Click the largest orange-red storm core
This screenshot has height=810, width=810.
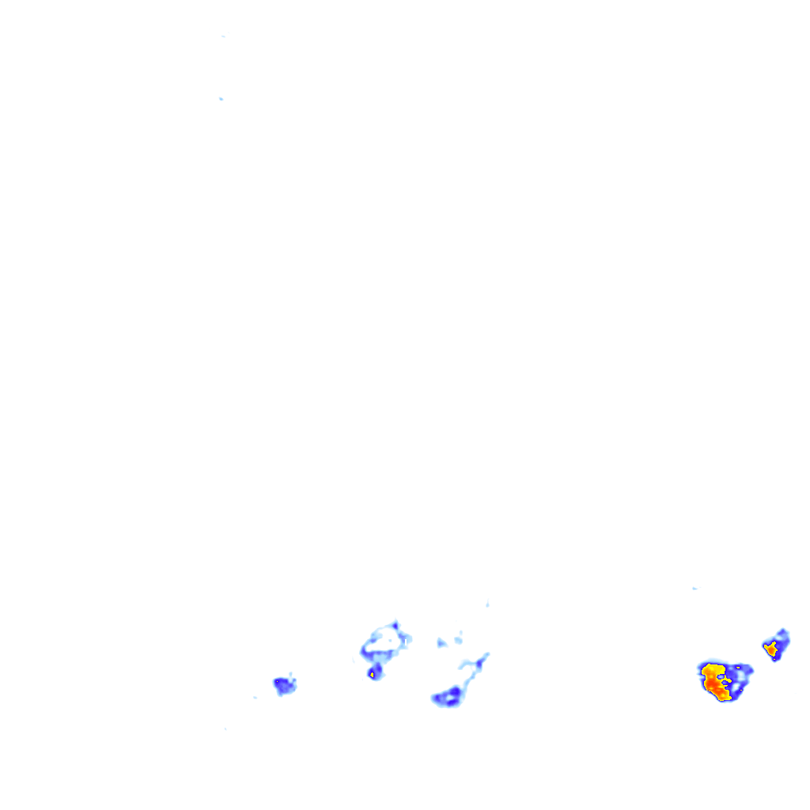[x=717, y=685]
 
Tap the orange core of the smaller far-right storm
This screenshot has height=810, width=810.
[x=770, y=649]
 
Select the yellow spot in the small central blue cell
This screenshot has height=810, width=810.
[x=371, y=675]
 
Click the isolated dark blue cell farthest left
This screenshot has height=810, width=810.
[x=282, y=684]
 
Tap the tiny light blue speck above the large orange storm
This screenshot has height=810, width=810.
[x=695, y=589]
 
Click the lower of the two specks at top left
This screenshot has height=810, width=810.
[x=221, y=99]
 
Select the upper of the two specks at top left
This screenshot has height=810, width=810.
[x=223, y=36]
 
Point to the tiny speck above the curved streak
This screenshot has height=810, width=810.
[x=487, y=604]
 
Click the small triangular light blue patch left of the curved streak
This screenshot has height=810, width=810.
[x=441, y=642]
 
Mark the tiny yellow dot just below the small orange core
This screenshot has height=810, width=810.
[x=774, y=656]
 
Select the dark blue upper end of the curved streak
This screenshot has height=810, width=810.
[x=485, y=655]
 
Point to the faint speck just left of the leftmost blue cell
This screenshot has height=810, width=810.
[x=255, y=698]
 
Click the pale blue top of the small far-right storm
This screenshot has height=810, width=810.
[x=783, y=633]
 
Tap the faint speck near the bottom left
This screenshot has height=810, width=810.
[x=225, y=729]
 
